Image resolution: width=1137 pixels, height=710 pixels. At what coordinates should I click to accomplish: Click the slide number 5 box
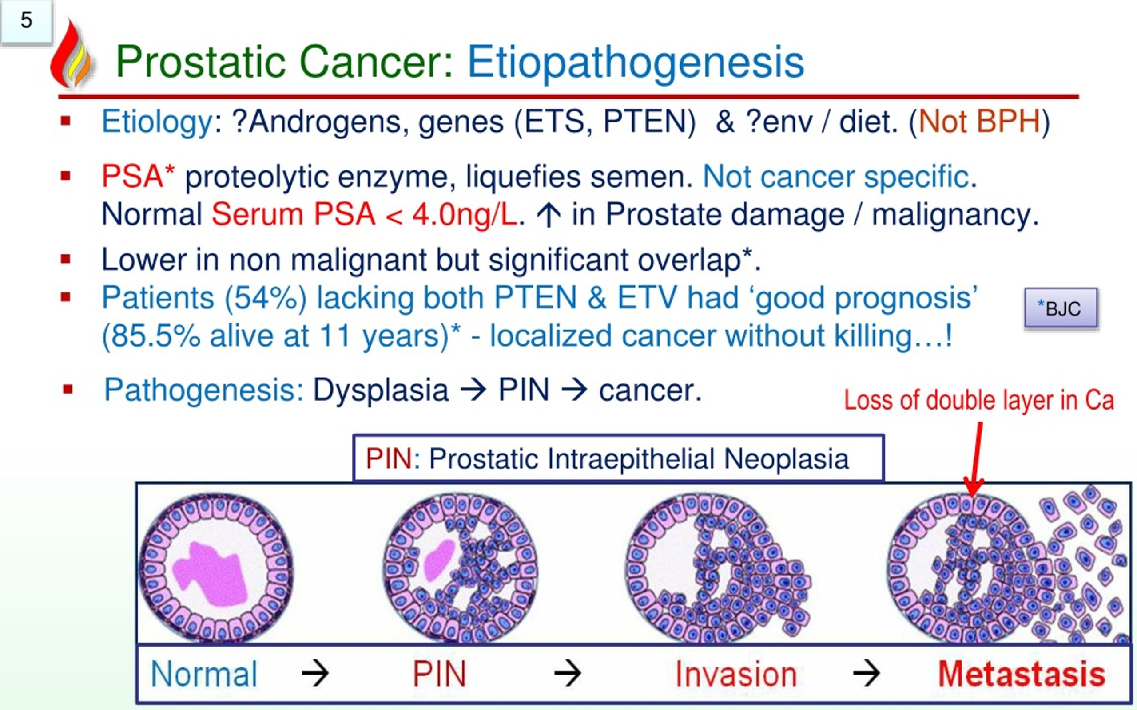pyautogui.click(x=26, y=21)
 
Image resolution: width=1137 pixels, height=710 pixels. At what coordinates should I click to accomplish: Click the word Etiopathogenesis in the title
pyautogui.click(x=635, y=63)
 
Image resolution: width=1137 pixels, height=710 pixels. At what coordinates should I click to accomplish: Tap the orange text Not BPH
pyautogui.click(x=979, y=122)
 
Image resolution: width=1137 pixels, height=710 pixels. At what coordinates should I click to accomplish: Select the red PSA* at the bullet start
pyautogui.click(x=138, y=177)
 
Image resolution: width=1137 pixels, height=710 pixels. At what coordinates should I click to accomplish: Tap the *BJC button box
pyautogui.click(x=1061, y=308)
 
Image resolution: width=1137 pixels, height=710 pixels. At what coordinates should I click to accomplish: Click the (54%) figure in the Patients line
pyautogui.click(x=266, y=298)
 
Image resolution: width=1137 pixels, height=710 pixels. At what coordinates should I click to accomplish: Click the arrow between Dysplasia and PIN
pyautogui.click(x=473, y=390)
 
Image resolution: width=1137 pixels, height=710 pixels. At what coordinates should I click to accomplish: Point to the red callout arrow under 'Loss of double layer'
pyautogui.click(x=975, y=460)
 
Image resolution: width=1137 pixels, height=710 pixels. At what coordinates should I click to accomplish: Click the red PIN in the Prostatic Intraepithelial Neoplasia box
pyautogui.click(x=389, y=459)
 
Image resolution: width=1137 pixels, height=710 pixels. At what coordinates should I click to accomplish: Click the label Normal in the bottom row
pyautogui.click(x=204, y=674)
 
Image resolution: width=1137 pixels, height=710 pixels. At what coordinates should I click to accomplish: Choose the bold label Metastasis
pyautogui.click(x=1022, y=674)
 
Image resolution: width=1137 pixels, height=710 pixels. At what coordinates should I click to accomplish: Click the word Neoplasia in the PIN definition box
pyautogui.click(x=786, y=459)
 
